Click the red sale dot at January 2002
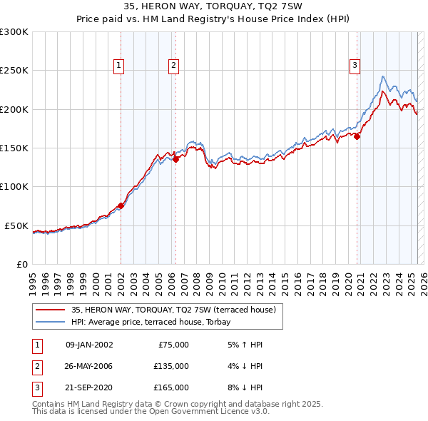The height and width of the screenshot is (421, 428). tap(121, 206)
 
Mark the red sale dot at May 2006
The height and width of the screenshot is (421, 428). tap(176, 160)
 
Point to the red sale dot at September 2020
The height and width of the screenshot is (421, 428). tap(357, 137)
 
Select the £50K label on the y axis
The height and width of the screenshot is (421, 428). tap(16, 225)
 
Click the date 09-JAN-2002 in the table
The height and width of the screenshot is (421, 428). tap(89, 345)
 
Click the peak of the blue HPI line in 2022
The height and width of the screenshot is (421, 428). tap(383, 76)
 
